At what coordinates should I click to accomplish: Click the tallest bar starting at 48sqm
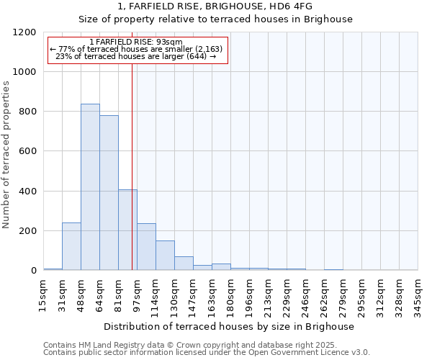pyautogui.click(x=90, y=187)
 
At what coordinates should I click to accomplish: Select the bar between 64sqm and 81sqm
pyautogui.click(x=109, y=193)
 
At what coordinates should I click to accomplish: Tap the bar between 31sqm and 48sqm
pyautogui.click(x=71, y=246)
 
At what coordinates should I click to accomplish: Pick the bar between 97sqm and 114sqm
pyautogui.click(x=146, y=247)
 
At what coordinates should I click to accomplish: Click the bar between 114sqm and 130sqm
pyautogui.click(x=165, y=256)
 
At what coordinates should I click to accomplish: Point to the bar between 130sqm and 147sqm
pyautogui.click(x=184, y=264)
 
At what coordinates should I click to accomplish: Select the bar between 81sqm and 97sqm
pyautogui.click(x=127, y=230)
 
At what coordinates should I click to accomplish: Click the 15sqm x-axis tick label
pyautogui.click(x=44, y=292)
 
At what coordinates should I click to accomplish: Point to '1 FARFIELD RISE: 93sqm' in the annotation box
pyautogui.click(x=138, y=42)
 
